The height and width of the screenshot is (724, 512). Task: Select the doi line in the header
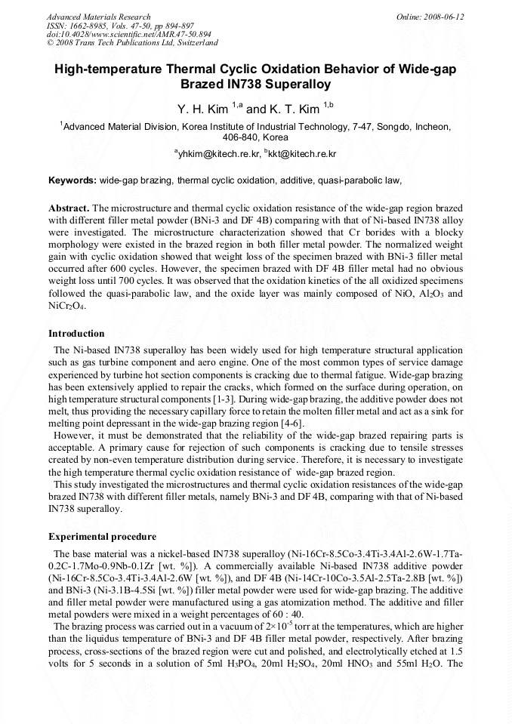point(129,35)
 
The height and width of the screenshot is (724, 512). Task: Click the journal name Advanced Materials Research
point(98,17)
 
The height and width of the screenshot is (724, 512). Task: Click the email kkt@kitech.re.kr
point(304,154)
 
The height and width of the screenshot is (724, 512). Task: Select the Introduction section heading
point(76,333)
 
